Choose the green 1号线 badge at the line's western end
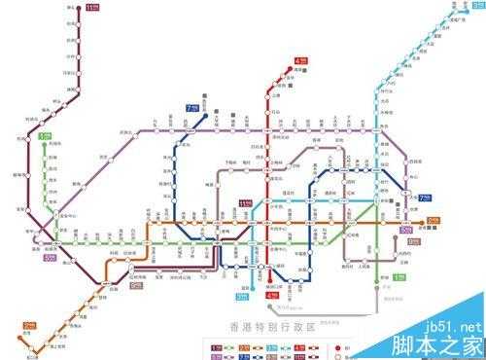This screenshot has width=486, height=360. click(x=44, y=137)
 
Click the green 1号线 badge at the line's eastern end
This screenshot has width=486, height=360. click(x=399, y=277)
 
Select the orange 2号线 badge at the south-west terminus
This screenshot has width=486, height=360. click(x=29, y=326)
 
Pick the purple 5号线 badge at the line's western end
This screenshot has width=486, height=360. click(x=49, y=258)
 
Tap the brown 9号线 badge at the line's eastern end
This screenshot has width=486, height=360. click(x=413, y=241)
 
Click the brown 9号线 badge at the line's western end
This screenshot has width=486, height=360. click(x=136, y=286)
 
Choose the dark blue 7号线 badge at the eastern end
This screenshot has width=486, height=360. click(x=425, y=197)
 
